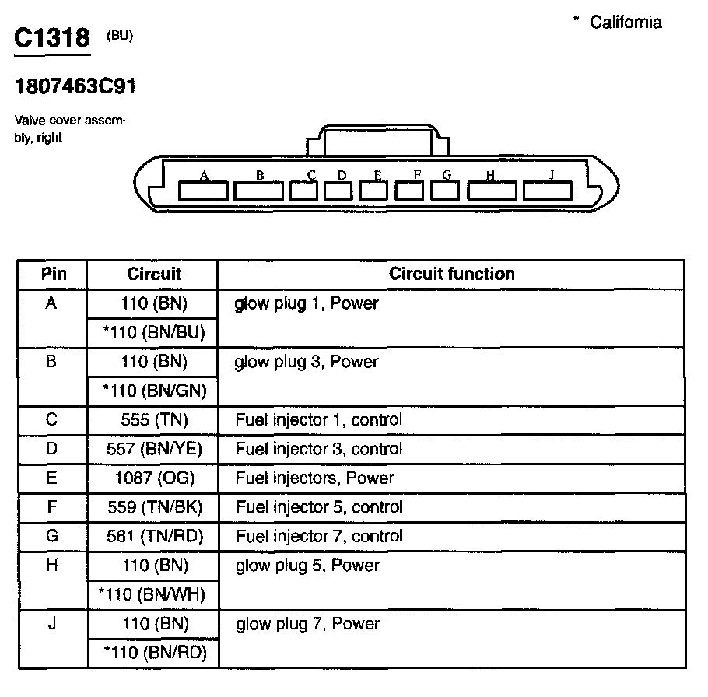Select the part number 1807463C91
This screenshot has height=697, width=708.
[x=75, y=86]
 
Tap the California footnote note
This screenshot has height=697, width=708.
[x=619, y=22]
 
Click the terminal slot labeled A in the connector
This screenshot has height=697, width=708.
[x=203, y=190]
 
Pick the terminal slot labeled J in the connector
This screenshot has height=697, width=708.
[x=548, y=190]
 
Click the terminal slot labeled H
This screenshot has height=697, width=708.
[x=492, y=190]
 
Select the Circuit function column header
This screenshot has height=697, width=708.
[x=451, y=274]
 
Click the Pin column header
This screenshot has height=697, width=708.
[x=53, y=274]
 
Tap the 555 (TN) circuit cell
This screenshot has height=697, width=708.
[x=154, y=420]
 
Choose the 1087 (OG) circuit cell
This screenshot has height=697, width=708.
[x=154, y=478]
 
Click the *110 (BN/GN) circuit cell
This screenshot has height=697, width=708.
[x=154, y=391]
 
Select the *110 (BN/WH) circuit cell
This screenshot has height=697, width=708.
[x=152, y=595]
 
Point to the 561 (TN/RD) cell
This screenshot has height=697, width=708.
[x=154, y=536]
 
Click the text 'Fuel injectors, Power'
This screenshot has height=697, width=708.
[x=314, y=478]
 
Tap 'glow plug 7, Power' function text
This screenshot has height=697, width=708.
[x=307, y=624]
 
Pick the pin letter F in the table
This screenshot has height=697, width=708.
[x=52, y=507]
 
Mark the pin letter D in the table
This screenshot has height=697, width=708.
[x=52, y=449]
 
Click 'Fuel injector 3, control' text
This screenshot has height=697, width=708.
[x=318, y=449]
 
